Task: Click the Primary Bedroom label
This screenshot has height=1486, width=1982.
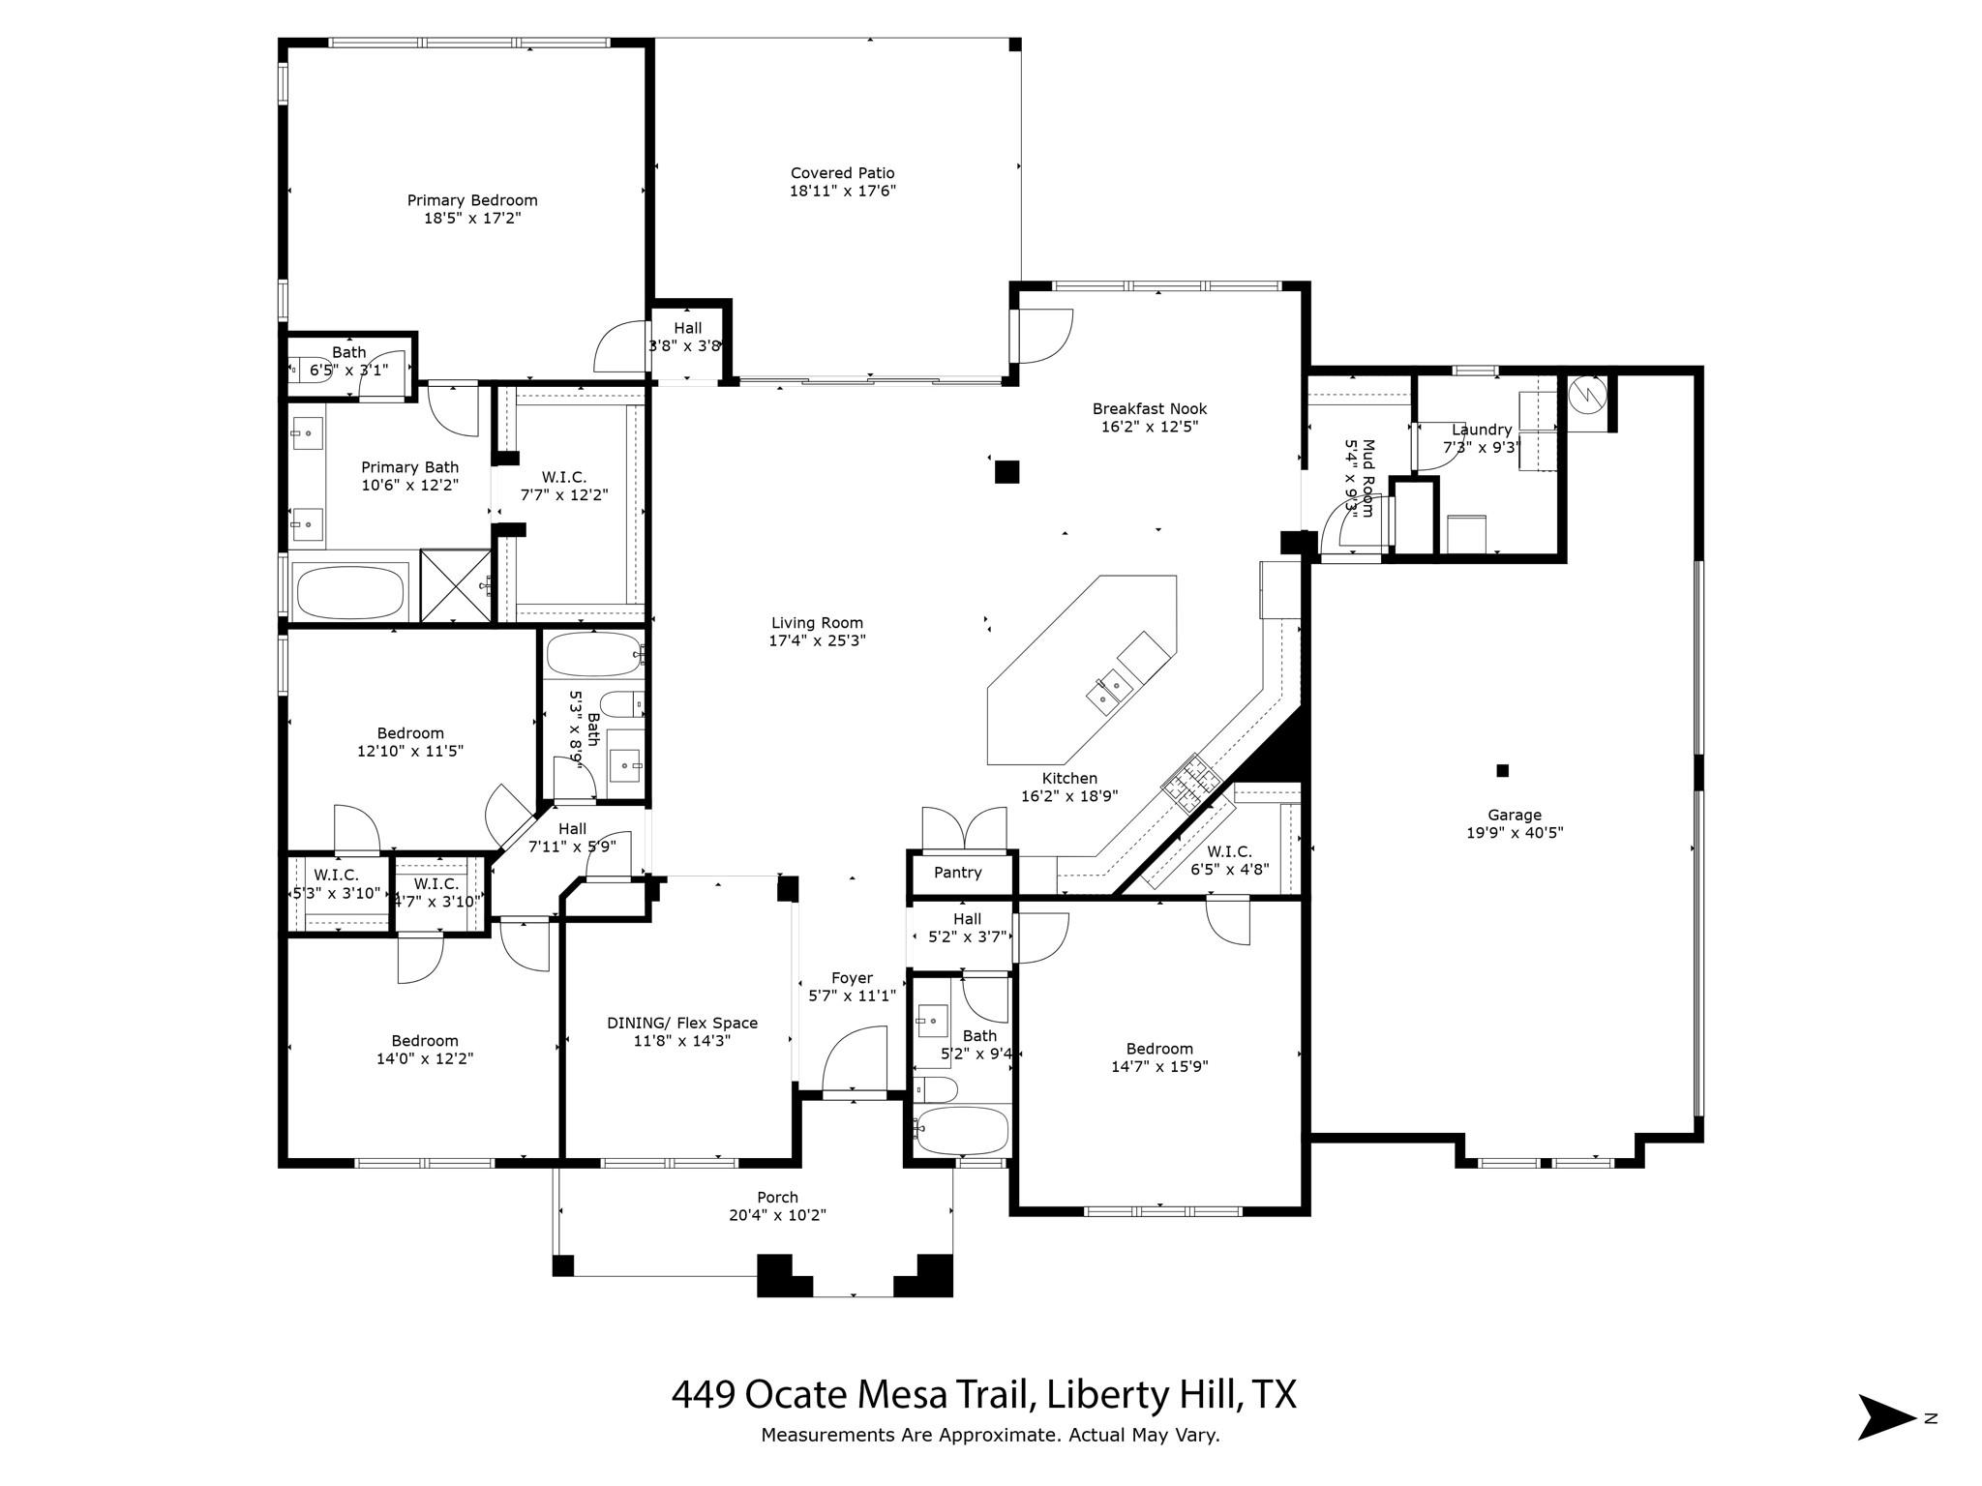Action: [472, 200]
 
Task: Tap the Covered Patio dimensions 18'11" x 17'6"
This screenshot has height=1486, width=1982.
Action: [842, 192]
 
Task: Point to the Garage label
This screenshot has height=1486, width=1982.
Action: [1515, 815]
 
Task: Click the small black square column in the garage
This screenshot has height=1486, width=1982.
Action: [1502, 770]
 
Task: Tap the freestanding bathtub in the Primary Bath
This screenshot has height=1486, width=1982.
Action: [349, 592]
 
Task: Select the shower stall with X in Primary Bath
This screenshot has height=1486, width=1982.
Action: [456, 586]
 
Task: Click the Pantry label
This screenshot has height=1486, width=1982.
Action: [957, 873]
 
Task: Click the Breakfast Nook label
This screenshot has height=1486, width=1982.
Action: [1150, 408]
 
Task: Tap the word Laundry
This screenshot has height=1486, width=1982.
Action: [1482, 430]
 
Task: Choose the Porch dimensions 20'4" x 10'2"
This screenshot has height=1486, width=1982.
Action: [777, 1215]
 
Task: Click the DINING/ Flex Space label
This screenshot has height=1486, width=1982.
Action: [682, 1023]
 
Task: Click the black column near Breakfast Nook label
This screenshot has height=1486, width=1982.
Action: [1006, 471]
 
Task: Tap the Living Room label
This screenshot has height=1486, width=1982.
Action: [817, 623]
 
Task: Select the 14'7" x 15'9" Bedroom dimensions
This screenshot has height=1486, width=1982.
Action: [1159, 1067]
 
